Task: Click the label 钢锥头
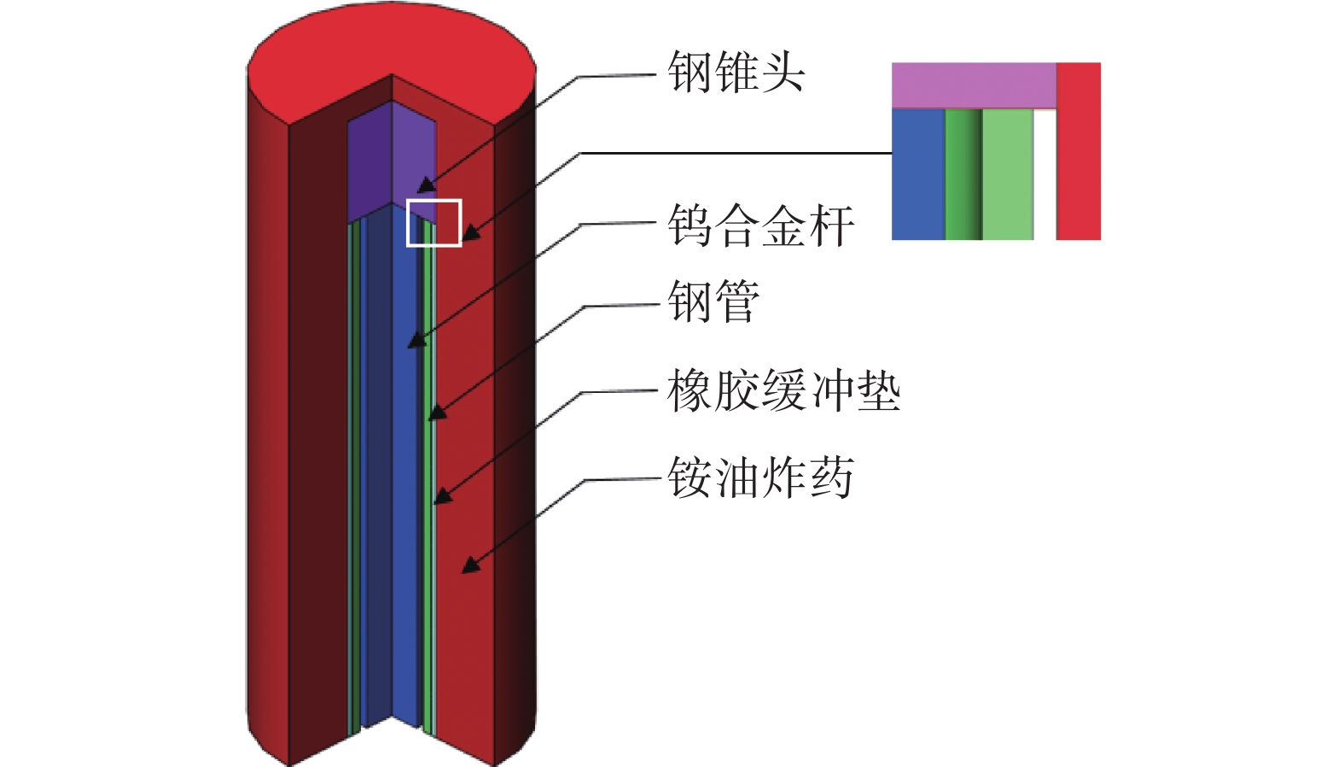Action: coord(736,72)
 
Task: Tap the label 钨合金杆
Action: coord(760,226)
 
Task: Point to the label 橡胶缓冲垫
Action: coord(783,392)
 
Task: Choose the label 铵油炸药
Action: coord(760,477)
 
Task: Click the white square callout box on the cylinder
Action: coord(433,223)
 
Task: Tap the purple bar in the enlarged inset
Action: coord(974,85)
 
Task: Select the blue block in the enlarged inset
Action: coord(918,174)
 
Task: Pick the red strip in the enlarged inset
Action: coord(1079,150)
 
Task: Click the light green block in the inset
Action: coord(1008,174)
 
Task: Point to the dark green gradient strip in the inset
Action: coord(963,174)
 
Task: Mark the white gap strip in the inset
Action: coord(1044,174)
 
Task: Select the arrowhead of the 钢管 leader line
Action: coord(436,413)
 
